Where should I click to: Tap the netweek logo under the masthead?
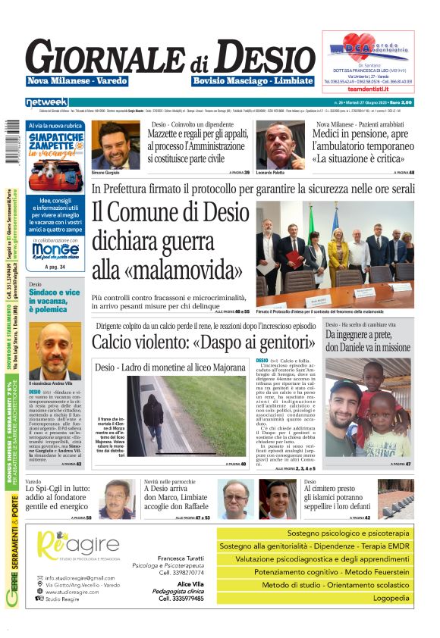click(46, 102)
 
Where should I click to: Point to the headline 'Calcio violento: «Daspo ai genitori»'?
click(203, 341)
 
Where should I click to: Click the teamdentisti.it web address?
click(369, 89)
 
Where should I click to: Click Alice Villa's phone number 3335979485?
click(181, 599)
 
